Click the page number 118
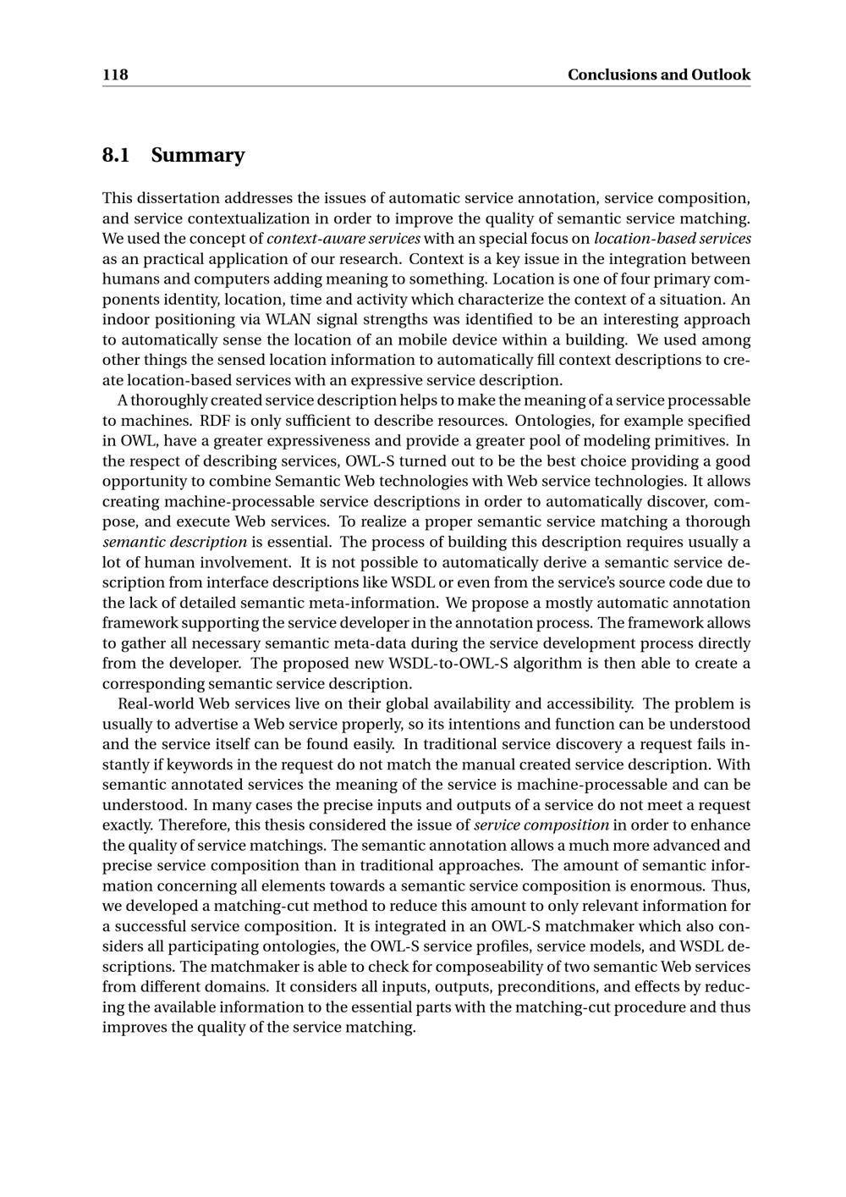tap(115, 74)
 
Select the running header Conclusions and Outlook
tap(658, 74)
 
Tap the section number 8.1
tap(116, 155)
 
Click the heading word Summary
tap(198, 155)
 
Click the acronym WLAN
tap(288, 319)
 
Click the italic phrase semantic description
tap(175, 542)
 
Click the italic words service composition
tap(541, 825)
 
